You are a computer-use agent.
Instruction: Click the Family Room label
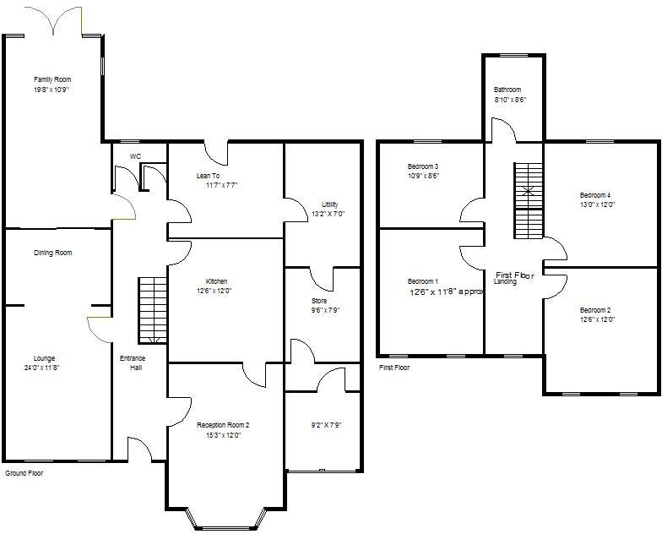pyautogui.click(x=51, y=79)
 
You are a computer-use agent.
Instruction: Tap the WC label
pyautogui.click(x=135, y=156)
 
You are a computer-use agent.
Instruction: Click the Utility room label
pyautogui.click(x=329, y=204)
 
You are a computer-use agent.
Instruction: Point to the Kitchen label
pyautogui.click(x=216, y=281)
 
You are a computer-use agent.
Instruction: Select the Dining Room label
pyautogui.click(x=52, y=253)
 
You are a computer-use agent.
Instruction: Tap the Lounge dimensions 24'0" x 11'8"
pyautogui.click(x=41, y=368)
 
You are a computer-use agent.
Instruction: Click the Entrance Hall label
pyautogui.click(x=132, y=363)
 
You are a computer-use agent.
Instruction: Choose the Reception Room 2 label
pyautogui.click(x=223, y=425)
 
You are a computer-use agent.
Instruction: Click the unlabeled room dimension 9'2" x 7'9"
pyautogui.click(x=325, y=425)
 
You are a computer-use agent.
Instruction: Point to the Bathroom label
pyautogui.click(x=507, y=90)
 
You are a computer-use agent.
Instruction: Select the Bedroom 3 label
pyautogui.click(x=422, y=166)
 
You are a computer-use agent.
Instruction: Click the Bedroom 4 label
pyautogui.click(x=595, y=195)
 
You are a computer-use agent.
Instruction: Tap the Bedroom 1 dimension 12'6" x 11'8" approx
pyautogui.click(x=447, y=292)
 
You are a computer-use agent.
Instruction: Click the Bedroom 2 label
pyautogui.click(x=595, y=310)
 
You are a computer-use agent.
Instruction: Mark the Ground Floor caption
pyautogui.click(x=24, y=473)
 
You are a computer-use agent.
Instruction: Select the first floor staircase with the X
pyautogui.click(x=528, y=200)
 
